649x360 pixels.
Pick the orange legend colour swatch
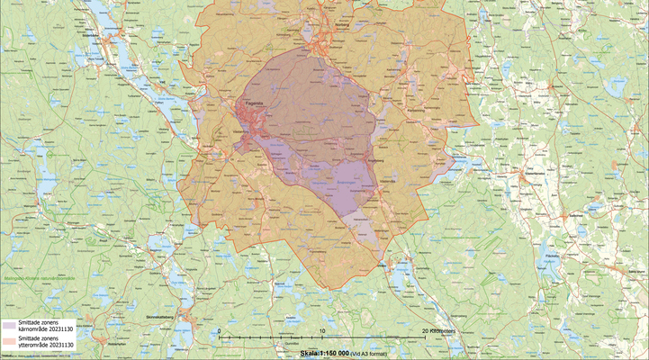pos(9,341)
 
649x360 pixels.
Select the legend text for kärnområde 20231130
pos(45,325)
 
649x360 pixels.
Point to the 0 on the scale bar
pos(220,330)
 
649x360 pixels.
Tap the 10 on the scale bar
pos(321,330)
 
